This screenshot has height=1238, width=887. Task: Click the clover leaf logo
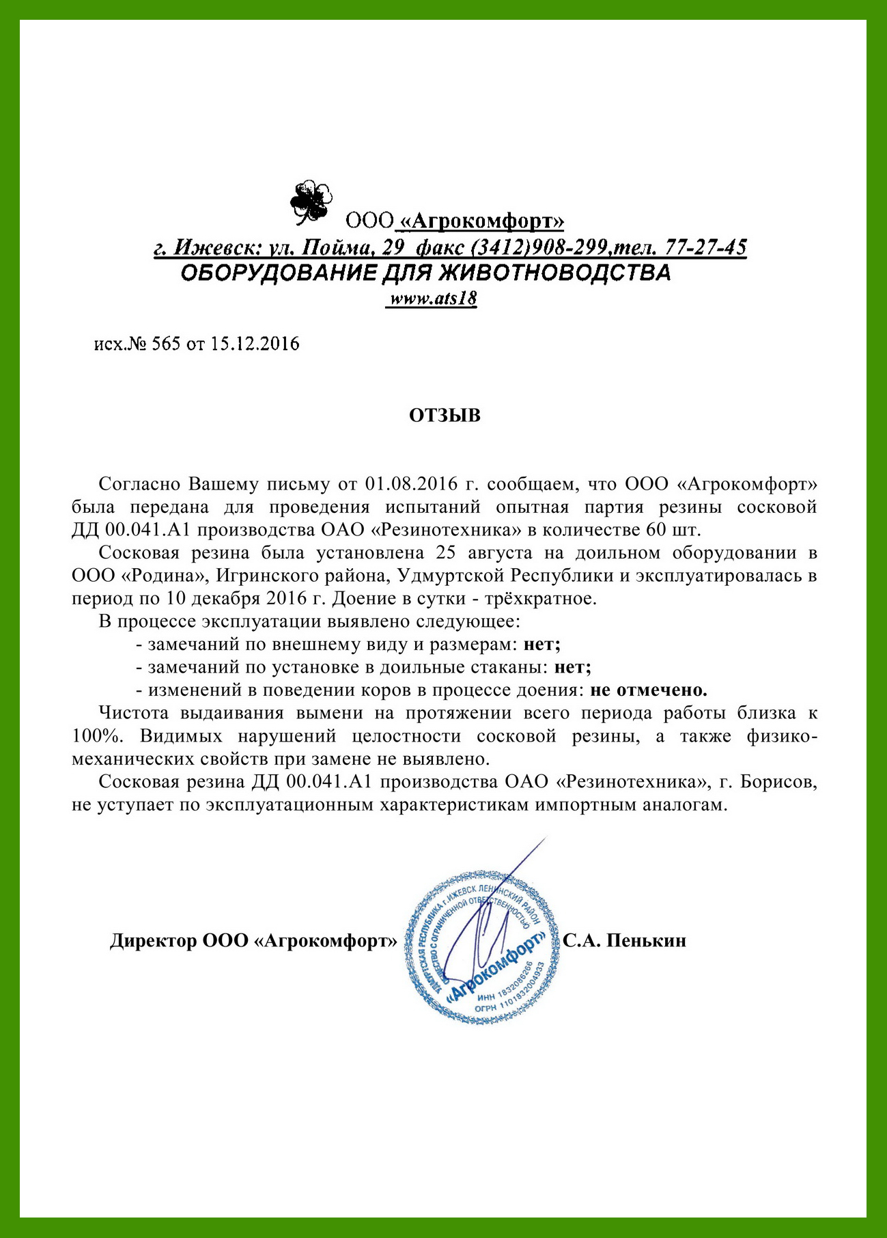[311, 201]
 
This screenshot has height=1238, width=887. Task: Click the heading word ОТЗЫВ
[445, 416]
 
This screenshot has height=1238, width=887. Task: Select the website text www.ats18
[432, 299]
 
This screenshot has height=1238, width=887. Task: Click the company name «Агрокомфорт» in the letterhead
[482, 221]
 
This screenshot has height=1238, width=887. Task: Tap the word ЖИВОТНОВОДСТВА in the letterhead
[554, 273]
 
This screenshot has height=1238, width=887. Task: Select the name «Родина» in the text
[165, 576]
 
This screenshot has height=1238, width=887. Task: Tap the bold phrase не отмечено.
[648, 690]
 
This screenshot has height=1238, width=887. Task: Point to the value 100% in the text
[96, 737]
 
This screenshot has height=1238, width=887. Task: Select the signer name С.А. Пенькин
[624, 941]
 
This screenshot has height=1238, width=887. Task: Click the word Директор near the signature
[154, 941]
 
